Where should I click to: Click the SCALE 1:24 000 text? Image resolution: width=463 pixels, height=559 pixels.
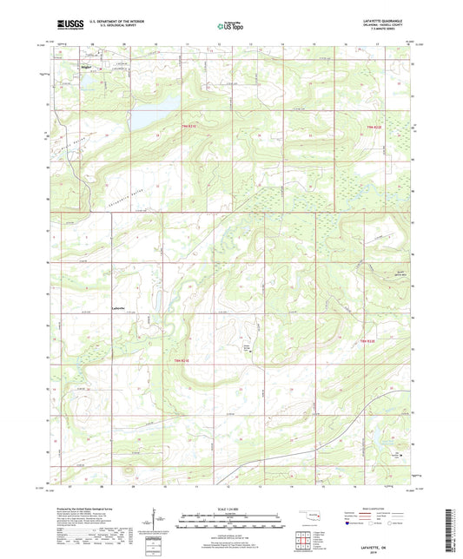tap(230, 509)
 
